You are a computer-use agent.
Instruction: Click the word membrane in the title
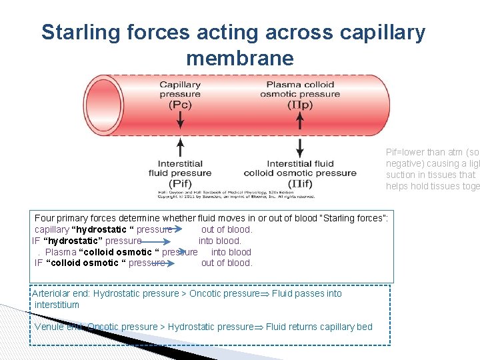click(239, 59)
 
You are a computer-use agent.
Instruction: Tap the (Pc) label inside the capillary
click(180, 105)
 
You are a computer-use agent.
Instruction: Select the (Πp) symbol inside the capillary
click(299, 105)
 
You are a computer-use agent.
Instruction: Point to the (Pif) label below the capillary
click(180, 183)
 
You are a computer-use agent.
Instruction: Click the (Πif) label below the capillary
click(299, 183)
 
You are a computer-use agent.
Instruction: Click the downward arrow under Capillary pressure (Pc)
click(180, 120)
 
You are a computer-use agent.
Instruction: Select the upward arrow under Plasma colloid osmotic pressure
click(299, 120)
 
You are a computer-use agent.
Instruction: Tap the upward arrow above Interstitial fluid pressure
click(180, 147)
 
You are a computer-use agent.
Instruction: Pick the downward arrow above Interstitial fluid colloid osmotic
click(299, 147)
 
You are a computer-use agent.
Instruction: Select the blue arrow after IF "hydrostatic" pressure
click(153, 241)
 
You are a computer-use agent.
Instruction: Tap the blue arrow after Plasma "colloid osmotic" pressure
click(189, 252)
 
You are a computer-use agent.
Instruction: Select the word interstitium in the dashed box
click(57, 305)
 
